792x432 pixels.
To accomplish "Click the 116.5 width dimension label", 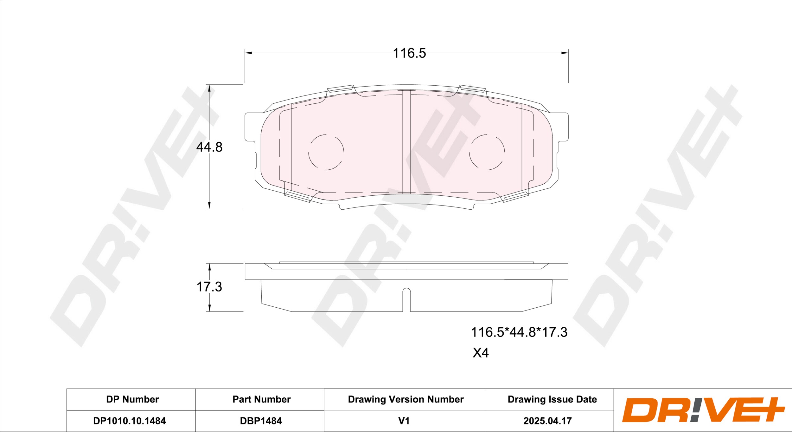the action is (409, 53).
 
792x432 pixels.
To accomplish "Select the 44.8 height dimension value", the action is (209, 147).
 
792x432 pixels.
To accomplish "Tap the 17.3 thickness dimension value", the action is (209, 287).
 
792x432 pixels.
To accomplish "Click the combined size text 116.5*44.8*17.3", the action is (519, 332).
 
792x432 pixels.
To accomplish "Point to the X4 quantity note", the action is (481, 353).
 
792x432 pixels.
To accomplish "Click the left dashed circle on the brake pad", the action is (326, 152).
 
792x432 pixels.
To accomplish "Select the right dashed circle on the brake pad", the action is (487, 152).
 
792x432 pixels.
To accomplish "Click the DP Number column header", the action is (132, 399).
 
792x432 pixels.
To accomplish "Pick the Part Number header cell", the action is (261, 399).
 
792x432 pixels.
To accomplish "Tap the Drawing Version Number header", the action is (406, 399).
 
